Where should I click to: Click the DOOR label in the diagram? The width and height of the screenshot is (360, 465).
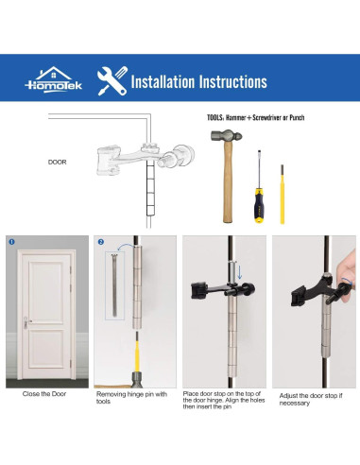tap(58, 162)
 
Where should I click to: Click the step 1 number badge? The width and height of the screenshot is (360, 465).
tap(12, 241)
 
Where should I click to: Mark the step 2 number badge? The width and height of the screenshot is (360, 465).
tap(100, 241)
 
